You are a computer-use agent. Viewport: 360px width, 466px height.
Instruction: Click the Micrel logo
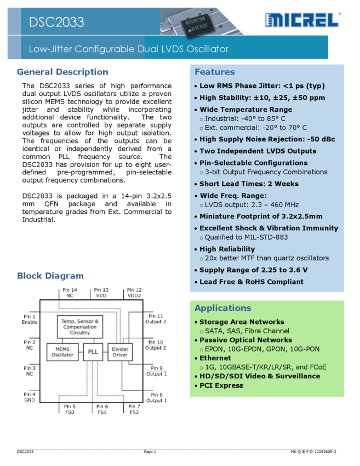point(302,21)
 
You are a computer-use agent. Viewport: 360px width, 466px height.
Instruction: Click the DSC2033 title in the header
point(57,22)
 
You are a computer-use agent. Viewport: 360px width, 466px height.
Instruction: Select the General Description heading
point(62,72)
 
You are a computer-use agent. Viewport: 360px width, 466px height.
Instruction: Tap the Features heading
point(214,72)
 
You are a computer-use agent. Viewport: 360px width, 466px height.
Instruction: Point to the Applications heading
point(222,308)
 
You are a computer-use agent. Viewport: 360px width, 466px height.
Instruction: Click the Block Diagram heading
point(50,276)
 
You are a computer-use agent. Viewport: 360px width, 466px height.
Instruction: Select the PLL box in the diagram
point(93,351)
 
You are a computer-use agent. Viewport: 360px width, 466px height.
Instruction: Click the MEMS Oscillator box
point(62,351)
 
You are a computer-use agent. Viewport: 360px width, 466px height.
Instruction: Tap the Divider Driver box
point(120,351)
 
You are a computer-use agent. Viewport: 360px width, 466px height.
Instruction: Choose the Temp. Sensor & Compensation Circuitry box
point(80,327)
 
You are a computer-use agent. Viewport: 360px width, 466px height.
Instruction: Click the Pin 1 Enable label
point(30,320)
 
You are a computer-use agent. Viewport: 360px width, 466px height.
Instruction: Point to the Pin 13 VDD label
point(101,293)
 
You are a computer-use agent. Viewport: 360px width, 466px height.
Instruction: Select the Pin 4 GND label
point(30,397)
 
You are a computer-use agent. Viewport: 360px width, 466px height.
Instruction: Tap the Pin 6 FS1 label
point(102,409)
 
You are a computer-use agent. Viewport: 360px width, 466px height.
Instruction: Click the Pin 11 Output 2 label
point(156,319)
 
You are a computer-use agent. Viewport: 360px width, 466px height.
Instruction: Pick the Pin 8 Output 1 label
point(156,397)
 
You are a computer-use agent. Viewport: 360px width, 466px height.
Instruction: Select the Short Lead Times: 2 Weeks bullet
point(249,184)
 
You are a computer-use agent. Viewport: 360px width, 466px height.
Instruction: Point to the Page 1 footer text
point(150,452)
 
